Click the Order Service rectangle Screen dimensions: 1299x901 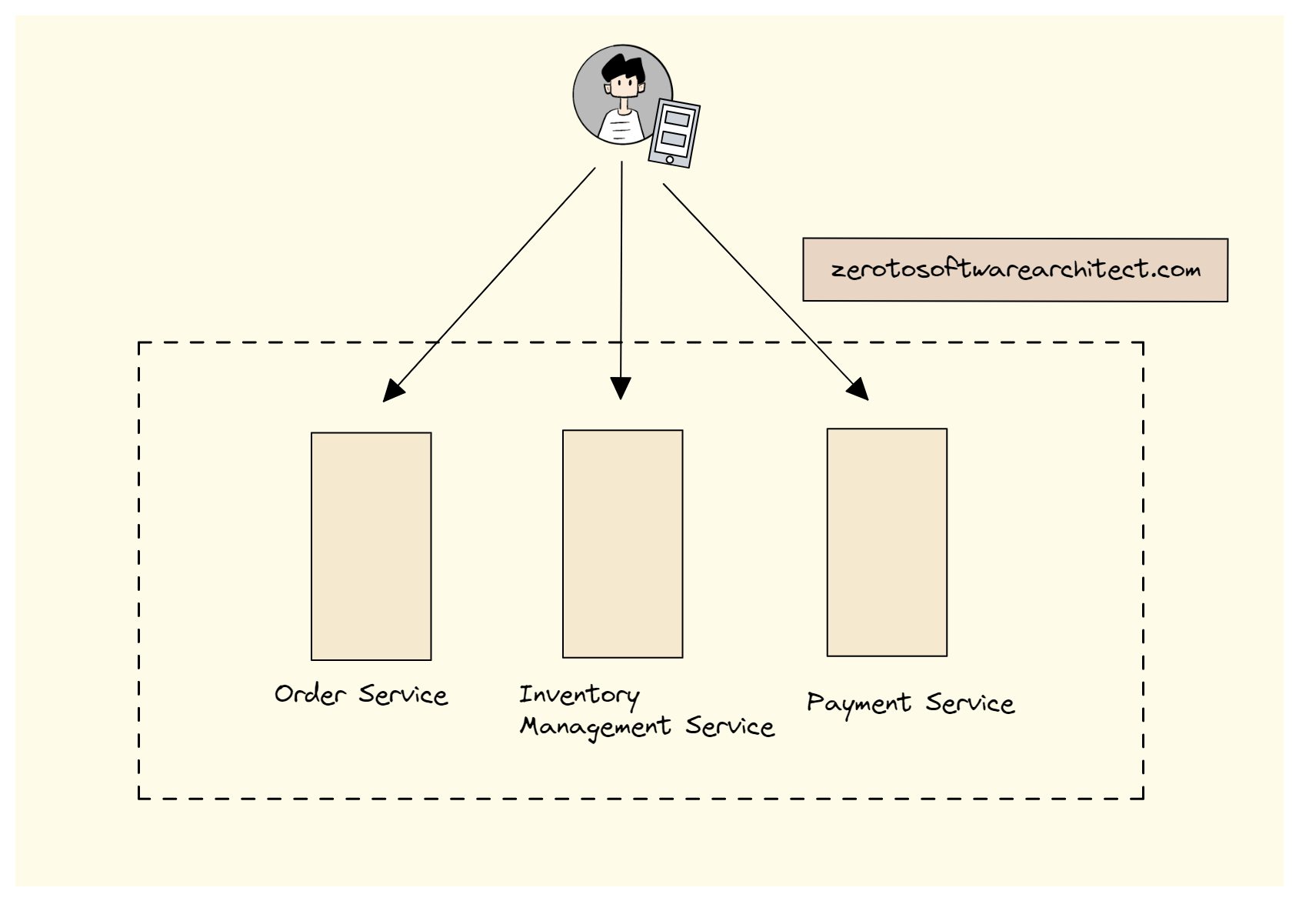click(x=371, y=546)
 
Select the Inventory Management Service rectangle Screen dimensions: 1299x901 click(x=622, y=544)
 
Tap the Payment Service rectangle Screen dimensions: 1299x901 click(x=887, y=542)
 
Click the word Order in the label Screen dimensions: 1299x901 click(x=310, y=694)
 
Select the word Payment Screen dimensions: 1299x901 click(x=859, y=704)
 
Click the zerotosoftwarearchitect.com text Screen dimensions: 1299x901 click(x=1015, y=270)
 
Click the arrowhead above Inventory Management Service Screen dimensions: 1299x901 click(x=621, y=388)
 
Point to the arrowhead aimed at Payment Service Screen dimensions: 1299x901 click(x=858, y=390)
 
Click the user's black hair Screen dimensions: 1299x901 click(x=623, y=68)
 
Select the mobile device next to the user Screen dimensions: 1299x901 click(x=674, y=133)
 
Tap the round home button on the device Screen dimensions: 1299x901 click(x=670, y=159)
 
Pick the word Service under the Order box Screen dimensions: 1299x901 click(x=403, y=695)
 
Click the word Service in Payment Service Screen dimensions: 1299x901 click(x=970, y=703)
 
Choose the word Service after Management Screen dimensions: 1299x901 click(x=730, y=726)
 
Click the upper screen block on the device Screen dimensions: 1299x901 click(x=678, y=119)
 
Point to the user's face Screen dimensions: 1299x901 click(x=624, y=87)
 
